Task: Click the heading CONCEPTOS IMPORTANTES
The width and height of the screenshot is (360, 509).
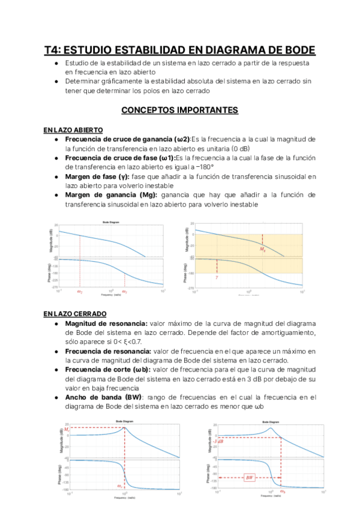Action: (x=180, y=110)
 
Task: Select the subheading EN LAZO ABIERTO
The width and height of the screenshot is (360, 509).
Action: (x=73, y=130)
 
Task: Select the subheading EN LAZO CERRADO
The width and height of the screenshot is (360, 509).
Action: (x=74, y=313)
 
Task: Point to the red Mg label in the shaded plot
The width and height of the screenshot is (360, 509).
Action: (x=263, y=248)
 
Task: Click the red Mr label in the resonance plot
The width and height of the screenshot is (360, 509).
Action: (x=50, y=429)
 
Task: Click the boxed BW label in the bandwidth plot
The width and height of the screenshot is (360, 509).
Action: (x=250, y=478)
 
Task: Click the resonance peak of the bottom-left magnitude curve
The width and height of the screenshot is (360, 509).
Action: (x=124, y=427)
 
